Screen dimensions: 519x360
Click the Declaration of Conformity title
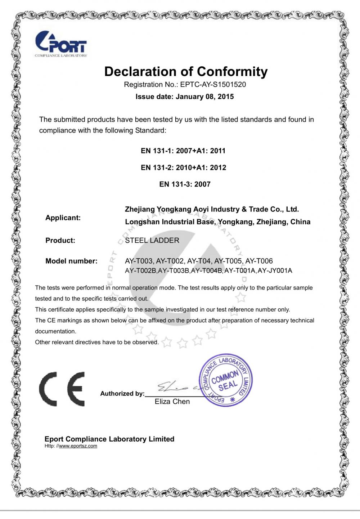[x=186, y=72]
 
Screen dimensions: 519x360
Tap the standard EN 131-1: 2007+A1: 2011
[x=183, y=151]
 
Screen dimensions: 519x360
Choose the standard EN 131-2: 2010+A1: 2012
[x=183, y=167]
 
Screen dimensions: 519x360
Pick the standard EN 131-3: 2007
[x=185, y=184]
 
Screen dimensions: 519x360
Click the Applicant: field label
[x=63, y=218]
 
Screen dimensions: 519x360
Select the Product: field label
[x=60, y=241]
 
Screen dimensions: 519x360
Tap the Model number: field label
[x=71, y=261]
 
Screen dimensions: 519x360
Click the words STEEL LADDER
[x=152, y=241]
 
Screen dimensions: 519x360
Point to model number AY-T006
[x=259, y=261]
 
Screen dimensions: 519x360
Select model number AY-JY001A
[x=275, y=270]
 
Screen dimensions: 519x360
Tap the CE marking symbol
[x=62, y=389]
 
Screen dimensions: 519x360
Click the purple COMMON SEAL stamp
[x=226, y=380]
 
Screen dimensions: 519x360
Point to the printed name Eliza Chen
[x=172, y=402]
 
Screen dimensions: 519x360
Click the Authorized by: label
[x=122, y=394]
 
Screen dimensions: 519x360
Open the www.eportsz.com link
[x=78, y=446]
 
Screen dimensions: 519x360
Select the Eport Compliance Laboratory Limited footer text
[x=109, y=439]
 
